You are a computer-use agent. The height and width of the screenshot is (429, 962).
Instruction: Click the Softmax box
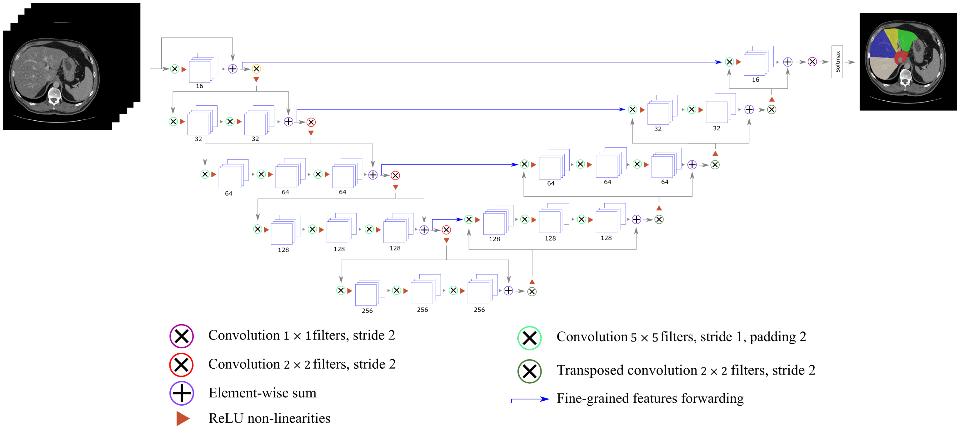(837, 62)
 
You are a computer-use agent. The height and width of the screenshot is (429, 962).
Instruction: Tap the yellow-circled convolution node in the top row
(256, 69)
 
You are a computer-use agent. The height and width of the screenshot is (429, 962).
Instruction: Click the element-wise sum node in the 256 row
(508, 291)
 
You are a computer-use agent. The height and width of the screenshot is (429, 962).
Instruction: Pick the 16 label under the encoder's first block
(199, 86)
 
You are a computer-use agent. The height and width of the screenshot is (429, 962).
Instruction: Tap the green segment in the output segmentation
(907, 39)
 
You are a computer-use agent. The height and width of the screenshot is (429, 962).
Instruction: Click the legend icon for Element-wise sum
(182, 393)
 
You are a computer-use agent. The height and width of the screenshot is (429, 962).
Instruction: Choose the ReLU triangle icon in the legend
(182, 418)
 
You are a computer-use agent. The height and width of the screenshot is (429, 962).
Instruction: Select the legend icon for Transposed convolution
(529, 371)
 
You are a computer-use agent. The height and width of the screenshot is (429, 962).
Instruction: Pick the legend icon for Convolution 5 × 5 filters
(529, 338)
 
